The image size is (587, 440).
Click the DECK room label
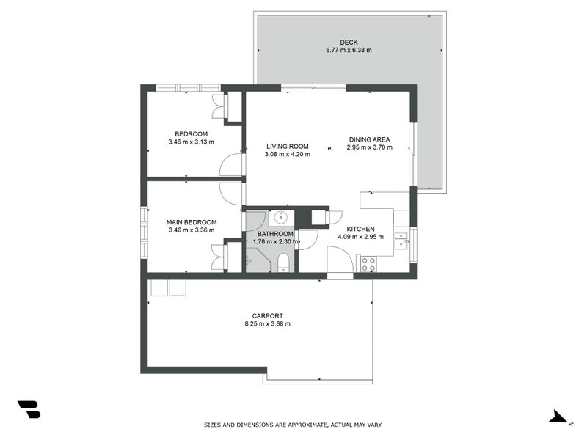click(x=349, y=43)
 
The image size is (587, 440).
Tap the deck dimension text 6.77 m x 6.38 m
click(x=349, y=50)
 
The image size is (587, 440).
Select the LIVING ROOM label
click(x=288, y=147)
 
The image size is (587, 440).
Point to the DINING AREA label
click(x=370, y=139)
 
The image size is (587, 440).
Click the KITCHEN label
click(x=360, y=229)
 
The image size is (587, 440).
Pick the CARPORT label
click(x=267, y=316)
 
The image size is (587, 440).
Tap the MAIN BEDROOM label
click(x=192, y=222)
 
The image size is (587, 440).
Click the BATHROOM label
click(x=275, y=234)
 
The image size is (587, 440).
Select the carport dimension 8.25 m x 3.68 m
click(x=267, y=324)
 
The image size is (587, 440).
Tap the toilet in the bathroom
click(x=283, y=263)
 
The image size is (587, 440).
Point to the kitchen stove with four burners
click(x=368, y=264)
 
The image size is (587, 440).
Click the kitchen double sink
click(x=401, y=241)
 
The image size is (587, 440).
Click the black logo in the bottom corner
click(x=29, y=409)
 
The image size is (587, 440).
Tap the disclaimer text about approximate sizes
click(x=293, y=425)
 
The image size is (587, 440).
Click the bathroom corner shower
click(x=258, y=260)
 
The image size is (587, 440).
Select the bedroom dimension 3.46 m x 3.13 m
click(x=192, y=142)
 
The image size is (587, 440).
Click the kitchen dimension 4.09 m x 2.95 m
click(x=360, y=237)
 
